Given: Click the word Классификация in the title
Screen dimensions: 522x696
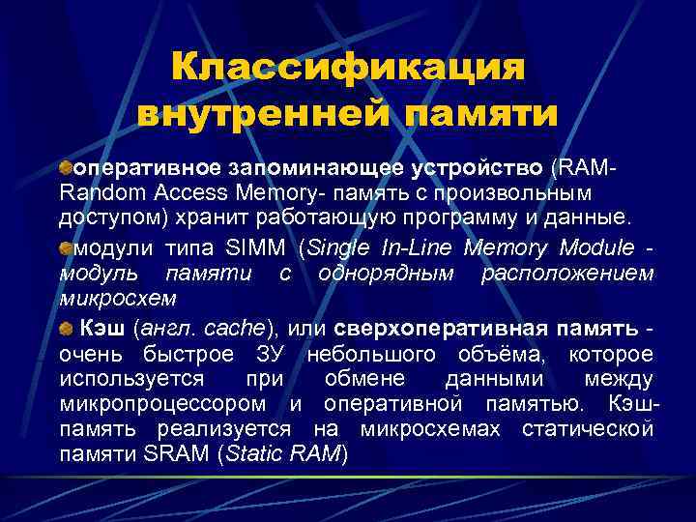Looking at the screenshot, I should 347,69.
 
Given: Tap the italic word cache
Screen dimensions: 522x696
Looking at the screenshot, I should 236,330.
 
